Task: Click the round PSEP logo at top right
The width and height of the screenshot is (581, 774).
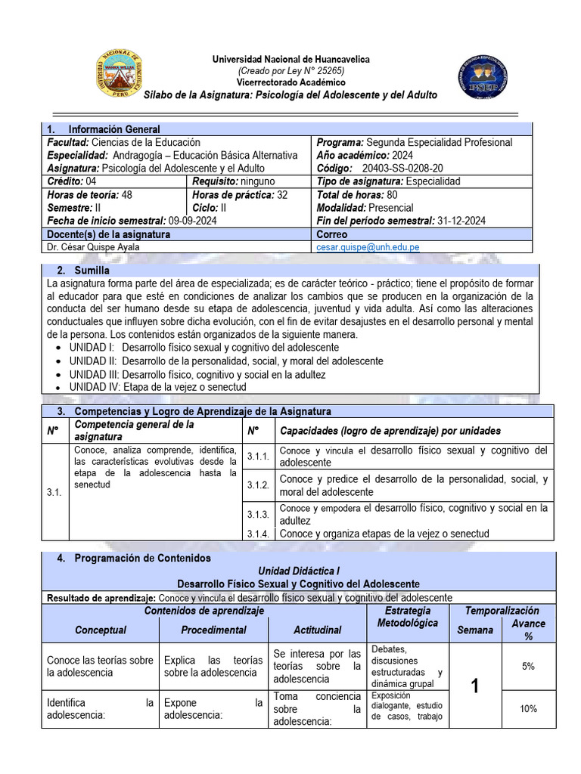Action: coord(483,78)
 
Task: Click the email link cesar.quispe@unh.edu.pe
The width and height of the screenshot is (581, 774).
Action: coord(367,247)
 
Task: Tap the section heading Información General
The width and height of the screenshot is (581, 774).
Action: coord(113,129)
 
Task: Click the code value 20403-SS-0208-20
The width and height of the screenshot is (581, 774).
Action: coord(403,168)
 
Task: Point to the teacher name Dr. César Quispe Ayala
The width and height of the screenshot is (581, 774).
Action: coord(92,247)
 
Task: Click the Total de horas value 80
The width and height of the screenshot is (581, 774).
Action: coord(393,194)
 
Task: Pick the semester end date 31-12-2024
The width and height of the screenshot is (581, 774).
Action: coord(461,221)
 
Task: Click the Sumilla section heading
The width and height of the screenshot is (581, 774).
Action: coord(92,270)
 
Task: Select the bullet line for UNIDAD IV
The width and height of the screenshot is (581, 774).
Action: coord(157,387)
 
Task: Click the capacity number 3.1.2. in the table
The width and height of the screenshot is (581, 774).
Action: coord(259,485)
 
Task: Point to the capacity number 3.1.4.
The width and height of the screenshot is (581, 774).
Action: coord(259,534)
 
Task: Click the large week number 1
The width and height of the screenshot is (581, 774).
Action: coord(475,686)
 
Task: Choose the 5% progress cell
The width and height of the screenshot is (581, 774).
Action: coord(528,666)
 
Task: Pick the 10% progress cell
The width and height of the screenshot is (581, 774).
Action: coord(528,708)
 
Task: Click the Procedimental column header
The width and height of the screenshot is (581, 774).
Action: coord(213,630)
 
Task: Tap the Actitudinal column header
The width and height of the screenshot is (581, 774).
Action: coord(317,630)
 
